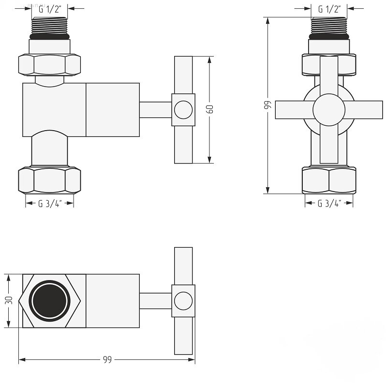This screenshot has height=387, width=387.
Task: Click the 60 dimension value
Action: (x=209, y=109)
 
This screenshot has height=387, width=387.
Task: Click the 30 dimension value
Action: (x=9, y=300)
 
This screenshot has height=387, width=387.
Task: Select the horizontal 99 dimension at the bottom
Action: (x=107, y=359)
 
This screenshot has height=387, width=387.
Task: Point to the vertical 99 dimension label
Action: (x=268, y=104)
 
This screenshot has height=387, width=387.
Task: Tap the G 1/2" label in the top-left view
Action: (x=50, y=9)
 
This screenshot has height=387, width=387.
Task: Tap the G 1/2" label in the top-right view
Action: (x=329, y=9)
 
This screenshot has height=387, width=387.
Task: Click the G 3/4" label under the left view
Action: (x=50, y=204)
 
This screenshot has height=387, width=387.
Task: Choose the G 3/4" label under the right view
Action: (x=329, y=203)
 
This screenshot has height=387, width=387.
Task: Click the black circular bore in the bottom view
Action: (x=50, y=301)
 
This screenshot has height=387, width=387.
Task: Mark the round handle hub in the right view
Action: (x=329, y=110)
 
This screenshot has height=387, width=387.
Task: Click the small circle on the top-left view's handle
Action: (x=183, y=110)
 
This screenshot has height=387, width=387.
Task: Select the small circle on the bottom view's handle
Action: (x=183, y=301)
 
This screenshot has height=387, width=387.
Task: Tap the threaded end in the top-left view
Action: (x=50, y=26)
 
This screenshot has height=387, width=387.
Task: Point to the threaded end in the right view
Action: (x=329, y=26)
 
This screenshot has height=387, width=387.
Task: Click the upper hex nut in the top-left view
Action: (x=50, y=64)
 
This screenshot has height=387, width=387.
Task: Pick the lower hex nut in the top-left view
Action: (x=50, y=180)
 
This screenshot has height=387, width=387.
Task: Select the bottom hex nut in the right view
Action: (x=329, y=180)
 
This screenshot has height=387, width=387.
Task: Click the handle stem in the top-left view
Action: (x=156, y=110)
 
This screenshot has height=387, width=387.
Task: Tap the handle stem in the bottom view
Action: (x=156, y=301)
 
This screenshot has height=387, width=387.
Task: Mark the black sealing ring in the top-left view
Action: (x=50, y=37)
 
